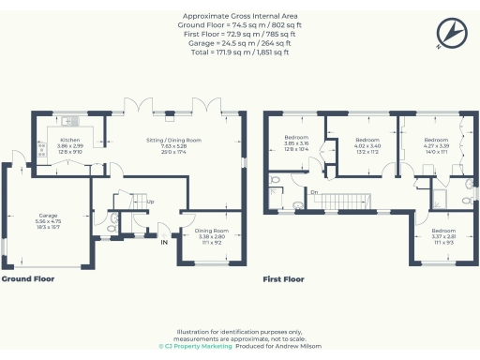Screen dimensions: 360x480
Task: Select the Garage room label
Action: click(48, 220)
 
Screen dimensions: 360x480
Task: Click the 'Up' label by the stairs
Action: click(148, 202)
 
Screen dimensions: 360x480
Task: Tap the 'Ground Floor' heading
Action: click(27, 278)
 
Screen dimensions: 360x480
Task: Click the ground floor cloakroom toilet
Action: click(112, 222)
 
